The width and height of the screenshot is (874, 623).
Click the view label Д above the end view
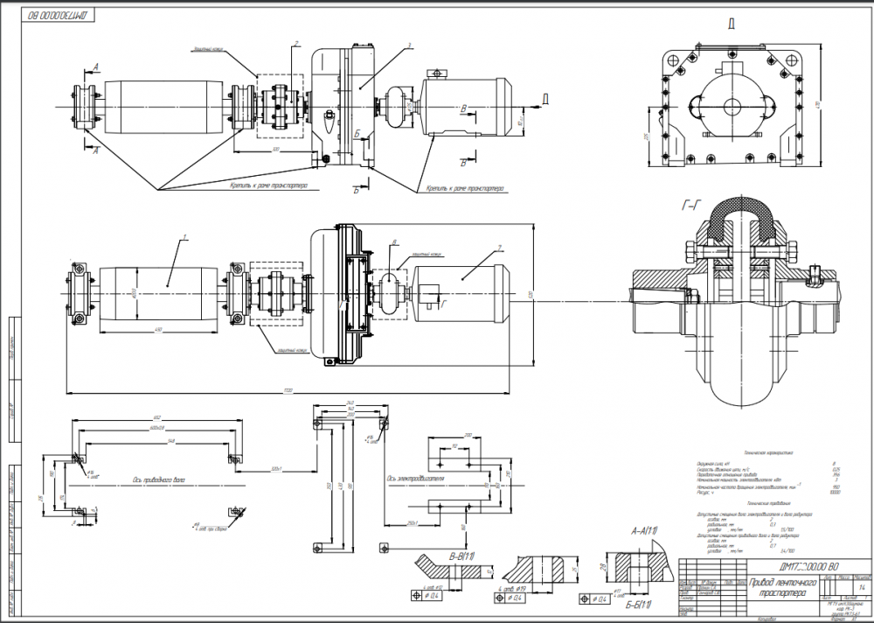click(731, 24)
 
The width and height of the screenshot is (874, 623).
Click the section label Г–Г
click(690, 206)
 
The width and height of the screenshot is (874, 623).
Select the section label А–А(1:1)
click(643, 531)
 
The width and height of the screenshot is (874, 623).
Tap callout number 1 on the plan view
click(185, 238)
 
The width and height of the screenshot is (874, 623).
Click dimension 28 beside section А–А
click(602, 567)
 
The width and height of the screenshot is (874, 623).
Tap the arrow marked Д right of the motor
click(545, 97)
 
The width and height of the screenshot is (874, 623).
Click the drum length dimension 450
click(159, 329)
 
